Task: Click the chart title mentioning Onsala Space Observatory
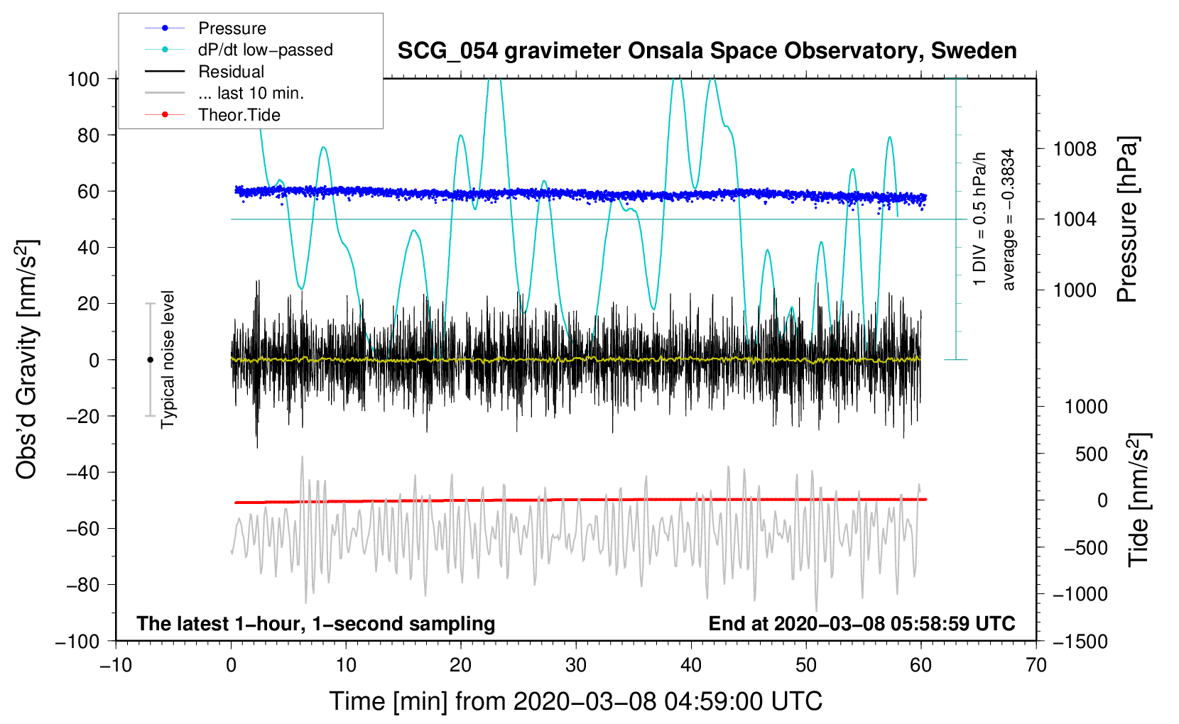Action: pyautogui.click(x=707, y=51)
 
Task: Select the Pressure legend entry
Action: pyautogui.click(x=232, y=28)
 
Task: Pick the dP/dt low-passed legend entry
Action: pyautogui.click(x=265, y=50)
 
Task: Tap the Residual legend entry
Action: pyautogui.click(x=231, y=72)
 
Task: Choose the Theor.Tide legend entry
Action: pyautogui.click(x=239, y=115)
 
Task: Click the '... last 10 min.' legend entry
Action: pyautogui.click(x=251, y=93)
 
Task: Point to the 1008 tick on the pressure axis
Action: pyautogui.click(x=1075, y=149)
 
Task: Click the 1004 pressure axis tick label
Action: pyautogui.click(x=1075, y=219)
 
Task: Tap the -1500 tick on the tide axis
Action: pyautogui.click(x=1080, y=641)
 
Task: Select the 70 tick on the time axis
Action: pyautogui.click(x=1036, y=665)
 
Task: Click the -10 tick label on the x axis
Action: pyautogui.click(x=116, y=665)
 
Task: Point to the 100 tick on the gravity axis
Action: pyautogui.click(x=83, y=79)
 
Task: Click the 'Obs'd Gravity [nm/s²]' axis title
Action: pyautogui.click(x=27, y=360)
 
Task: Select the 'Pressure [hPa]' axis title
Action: pyautogui.click(x=1127, y=219)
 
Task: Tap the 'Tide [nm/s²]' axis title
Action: pyautogui.click(x=1139, y=500)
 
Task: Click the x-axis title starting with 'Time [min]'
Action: pyautogui.click(x=575, y=701)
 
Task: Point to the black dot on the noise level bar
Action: pyautogui.click(x=150, y=360)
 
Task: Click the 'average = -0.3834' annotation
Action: pyautogui.click(x=1009, y=219)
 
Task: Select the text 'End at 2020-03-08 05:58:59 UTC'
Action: pyautogui.click(x=862, y=623)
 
